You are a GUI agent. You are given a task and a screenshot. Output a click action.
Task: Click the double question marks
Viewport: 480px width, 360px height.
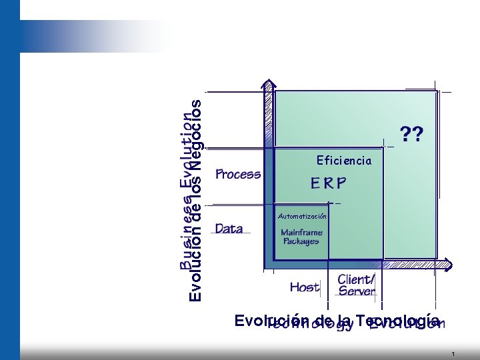pyautogui.click(x=411, y=135)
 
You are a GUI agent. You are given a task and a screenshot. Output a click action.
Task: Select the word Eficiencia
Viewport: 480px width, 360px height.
pyautogui.click(x=344, y=161)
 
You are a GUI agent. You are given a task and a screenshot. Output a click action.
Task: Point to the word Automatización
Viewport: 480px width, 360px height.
pyautogui.click(x=302, y=217)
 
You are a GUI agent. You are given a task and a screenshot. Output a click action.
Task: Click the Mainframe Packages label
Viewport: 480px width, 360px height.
pyautogui.click(x=301, y=237)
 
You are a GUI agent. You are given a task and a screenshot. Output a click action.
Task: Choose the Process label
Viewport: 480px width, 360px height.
pyautogui.click(x=238, y=175)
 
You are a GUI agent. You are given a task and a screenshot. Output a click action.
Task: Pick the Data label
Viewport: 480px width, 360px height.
pyautogui.click(x=229, y=229)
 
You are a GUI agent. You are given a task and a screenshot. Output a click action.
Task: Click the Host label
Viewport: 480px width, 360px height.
pyautogui.click(x=305, y=287)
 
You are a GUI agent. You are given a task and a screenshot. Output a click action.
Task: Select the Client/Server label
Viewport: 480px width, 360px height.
pyautogui.click(x=357, y=285)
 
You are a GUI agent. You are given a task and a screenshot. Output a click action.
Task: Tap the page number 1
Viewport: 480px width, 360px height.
pyautogui.click(x=453, y=354)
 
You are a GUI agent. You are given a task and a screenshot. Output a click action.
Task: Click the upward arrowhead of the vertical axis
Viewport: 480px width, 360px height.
pyautogui.click(x=269, y=86)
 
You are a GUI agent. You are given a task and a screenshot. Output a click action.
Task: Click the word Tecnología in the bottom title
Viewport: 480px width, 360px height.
pyautogui.click(x=397, y=320)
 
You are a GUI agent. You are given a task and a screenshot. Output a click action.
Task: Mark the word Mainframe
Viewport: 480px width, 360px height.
pyautogui.click(x=301, y=232)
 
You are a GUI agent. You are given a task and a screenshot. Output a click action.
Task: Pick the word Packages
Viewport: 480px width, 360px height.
pyautogui.click(x=301, y=241)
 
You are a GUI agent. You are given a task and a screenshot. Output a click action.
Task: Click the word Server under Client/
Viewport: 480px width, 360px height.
pyautogui.click(x=357, y=291)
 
